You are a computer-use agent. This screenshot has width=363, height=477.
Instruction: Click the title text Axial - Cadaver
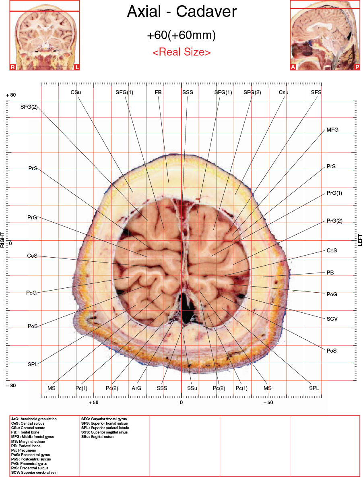tap(181, 12)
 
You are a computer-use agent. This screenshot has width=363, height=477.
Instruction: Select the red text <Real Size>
tap(181, 52)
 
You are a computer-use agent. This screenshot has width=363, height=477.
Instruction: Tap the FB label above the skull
tap(158, 92)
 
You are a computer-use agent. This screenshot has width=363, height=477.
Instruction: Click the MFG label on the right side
tap(332, 130)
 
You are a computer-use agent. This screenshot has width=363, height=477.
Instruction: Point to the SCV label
tap(332, 319)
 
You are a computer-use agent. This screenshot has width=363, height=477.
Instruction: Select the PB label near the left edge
tap(330, 273)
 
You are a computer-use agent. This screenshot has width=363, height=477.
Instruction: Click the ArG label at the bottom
tap(136, 388)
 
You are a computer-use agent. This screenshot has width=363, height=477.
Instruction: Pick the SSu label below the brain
tap(192, 388)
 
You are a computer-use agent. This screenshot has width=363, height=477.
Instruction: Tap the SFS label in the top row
tap(316, 92)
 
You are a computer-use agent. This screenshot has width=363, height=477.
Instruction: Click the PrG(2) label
tap(334, 221)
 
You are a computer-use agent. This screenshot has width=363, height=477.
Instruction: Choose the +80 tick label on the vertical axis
tap(11, 95)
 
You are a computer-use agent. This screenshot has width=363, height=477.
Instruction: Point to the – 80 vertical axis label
tap(11, 386)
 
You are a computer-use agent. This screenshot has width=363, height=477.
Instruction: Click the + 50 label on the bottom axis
tap(93, 403)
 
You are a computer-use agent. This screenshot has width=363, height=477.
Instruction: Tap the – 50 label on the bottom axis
tap(268, 403)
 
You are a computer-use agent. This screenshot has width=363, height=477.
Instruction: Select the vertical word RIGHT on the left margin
tap(3, 240)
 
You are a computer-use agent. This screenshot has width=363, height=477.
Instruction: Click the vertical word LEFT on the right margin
tap(360, 240)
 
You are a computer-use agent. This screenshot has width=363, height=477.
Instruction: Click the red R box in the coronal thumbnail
tap(13, 67)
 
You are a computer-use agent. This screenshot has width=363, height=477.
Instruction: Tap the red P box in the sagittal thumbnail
tap(357, 67)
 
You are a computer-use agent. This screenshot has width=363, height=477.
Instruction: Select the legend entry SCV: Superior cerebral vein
tap(34, 473)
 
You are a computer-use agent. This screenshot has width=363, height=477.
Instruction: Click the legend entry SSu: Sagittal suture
tap(98, 436)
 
